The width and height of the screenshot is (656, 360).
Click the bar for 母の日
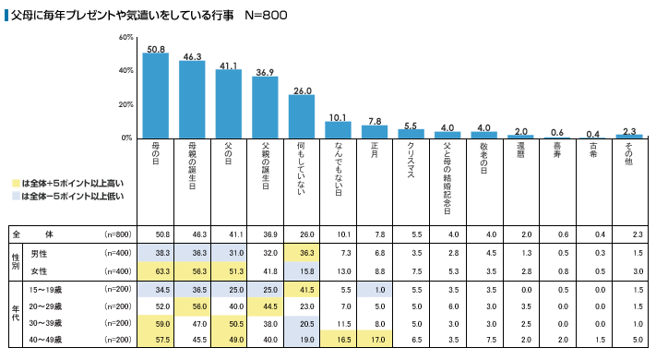pyautogui.click(x=155, y=95)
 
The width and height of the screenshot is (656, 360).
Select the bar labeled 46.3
pyautogui.click(x=192, y=99)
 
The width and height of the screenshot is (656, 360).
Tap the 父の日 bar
pyautogui.click(x=228, y=103)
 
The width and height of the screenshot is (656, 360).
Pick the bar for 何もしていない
pyautogui.click(x=302, y=116)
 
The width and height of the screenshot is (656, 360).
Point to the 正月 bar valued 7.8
pyautogui.click(x=376, y=132)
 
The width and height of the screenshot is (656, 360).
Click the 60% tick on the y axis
pyautogui.click(x=126, y=37)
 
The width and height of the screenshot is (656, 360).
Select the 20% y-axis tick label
pyautogui.click(x=126, y=104)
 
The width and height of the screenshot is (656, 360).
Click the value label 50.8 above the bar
pyautogui.click(x=155, y=48)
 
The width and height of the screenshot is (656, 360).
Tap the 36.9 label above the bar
pyautogui.click(x=265, y=71)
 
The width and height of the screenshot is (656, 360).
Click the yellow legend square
pyautogui.click(x=16, y=184)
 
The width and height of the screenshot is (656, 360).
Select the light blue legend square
pyautogui.click(x=16, y=196)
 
